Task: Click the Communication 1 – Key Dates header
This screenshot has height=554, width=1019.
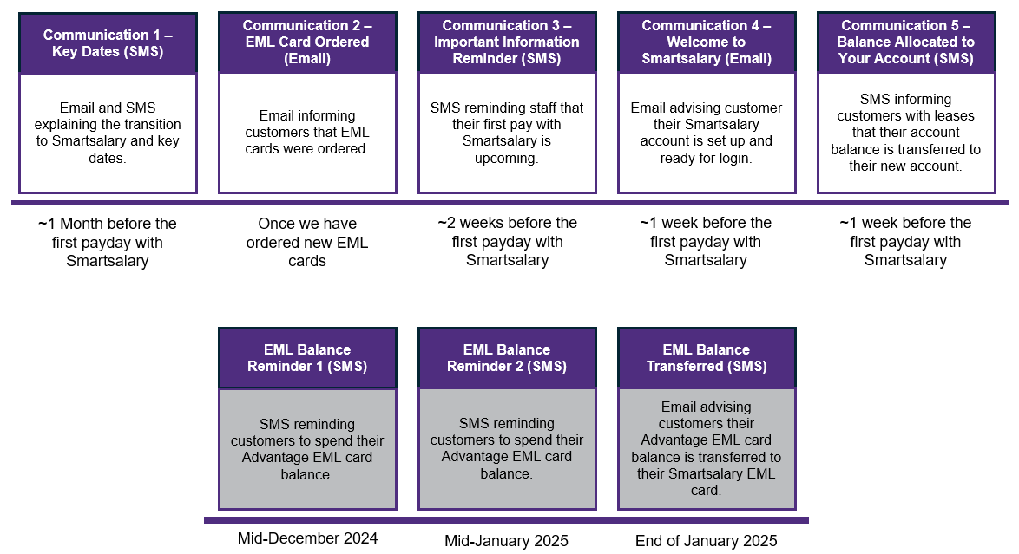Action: point(108,43)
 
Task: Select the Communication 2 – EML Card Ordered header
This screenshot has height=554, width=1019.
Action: point(307,42)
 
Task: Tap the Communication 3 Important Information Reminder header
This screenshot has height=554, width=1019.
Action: point(507,42)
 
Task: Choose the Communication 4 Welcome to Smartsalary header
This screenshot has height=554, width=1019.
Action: point(707,42)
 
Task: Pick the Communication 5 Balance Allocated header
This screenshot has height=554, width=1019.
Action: point(906,42)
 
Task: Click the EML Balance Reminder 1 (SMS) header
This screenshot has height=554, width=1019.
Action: point(307,358)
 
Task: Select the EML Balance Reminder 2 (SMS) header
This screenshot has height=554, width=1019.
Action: point(507,358)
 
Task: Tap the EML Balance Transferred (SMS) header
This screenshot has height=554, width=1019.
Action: point(707,358)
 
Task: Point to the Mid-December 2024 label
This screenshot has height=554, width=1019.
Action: point(307,538)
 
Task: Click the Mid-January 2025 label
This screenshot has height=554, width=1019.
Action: point(507,541)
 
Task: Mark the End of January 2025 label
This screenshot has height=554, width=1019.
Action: point(707,541)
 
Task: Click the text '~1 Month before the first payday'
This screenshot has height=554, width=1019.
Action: point(108,242)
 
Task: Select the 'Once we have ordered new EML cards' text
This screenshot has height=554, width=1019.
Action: point(307,242)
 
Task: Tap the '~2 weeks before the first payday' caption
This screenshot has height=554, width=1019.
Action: point(507,242)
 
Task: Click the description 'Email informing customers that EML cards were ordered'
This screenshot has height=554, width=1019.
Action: point(307,132)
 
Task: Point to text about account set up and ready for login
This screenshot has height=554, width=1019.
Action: point(707,133)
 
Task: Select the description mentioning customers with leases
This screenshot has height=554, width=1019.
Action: point(906,133)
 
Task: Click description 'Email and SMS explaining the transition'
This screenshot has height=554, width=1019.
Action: point(108,133)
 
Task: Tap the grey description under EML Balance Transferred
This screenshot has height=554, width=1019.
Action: point(707,448)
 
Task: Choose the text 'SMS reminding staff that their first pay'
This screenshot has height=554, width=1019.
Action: point(507,133)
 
